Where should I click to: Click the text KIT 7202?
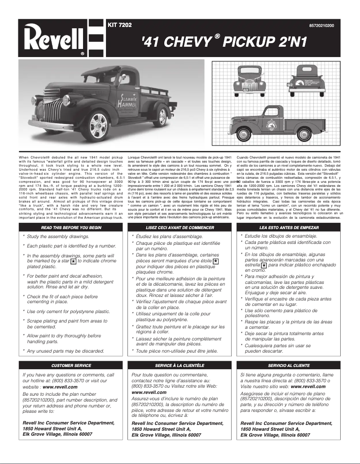tap(119, 25)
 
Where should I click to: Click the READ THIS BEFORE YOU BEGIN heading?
tap(71, 228)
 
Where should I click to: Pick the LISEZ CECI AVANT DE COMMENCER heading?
tap(180, 228)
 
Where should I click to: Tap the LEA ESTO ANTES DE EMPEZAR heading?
tap(289, 228)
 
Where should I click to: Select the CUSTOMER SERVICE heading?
tap(71, 366)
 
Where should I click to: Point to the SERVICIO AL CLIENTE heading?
tap(289, 366)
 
